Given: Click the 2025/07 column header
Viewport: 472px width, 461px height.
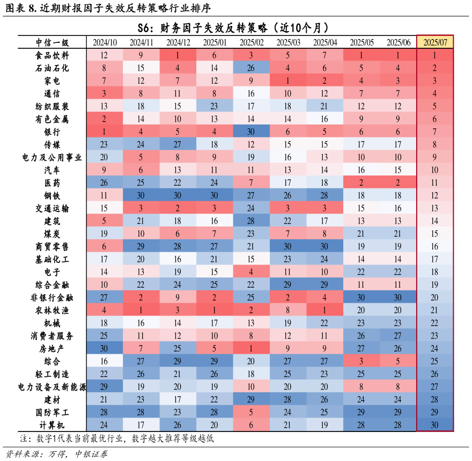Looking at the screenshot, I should pyautogui.click(x=435, y=42).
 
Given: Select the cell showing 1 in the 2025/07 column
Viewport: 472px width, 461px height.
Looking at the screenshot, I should pyautogui.click(x=435, y=55).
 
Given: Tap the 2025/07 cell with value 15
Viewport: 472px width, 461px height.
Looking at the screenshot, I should pyautogui.click(x=435, y=233).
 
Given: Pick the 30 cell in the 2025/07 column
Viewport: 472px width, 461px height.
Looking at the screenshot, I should pyautogui.click(x=435, y=425).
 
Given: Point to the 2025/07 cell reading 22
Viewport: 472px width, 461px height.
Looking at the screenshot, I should pyautogui.click(x=435, y=323).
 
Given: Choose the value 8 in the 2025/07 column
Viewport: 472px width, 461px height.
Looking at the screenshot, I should pyautogui.click(x=435, y=144).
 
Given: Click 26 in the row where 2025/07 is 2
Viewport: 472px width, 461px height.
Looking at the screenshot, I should pyautogui.click(x=251, y=68).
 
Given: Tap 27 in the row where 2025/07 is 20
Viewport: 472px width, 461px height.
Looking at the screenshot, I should pyautogui.click(x=104, y=297).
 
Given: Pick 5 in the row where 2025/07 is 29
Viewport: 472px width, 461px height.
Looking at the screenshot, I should pyautogui.click(x=251, y=412).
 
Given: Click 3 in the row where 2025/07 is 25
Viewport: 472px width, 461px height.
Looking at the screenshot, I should pyautogui.click(x=362, y=361).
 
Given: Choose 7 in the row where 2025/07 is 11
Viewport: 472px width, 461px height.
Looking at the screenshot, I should pyautogui.click(x=251, y=182).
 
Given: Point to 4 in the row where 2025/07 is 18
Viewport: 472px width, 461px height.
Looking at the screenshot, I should pyautogui.click(x=251, y=272).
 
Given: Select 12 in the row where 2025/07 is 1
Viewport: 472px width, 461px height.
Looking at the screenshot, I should pyautogui.click(x=104, y=55).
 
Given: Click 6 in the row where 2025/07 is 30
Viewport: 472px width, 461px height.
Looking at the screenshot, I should pyautogui.click(x=251, y=425).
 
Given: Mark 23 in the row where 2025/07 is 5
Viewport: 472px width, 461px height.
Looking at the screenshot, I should pyautogui.click(x=214, y=106).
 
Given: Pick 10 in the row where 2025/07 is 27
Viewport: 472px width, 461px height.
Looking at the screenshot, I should pyautogui.click(x=251, y=386).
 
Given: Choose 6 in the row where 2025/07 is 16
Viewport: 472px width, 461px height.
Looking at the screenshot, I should pyautogui.click(x=104, y=246).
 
